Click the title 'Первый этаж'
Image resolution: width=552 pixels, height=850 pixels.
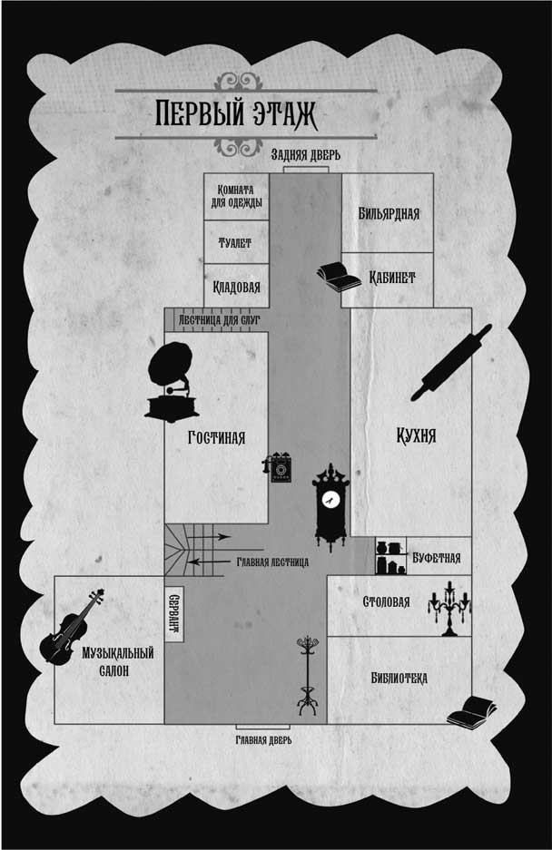246,115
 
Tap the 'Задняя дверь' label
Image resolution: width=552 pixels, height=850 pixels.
306,155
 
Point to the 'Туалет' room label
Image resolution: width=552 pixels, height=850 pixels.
235,243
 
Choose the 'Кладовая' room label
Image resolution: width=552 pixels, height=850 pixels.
236,287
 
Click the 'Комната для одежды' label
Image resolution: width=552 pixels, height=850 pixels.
234,195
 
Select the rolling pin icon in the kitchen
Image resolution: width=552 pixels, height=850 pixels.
450,362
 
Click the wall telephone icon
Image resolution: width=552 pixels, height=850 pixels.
279,468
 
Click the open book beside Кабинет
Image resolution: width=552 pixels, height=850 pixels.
338,275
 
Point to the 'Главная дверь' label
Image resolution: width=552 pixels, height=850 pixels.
263,739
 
